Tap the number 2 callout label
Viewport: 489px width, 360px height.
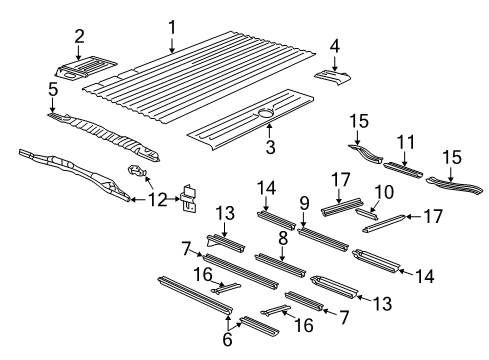pyautogui.click(x=79, y=37)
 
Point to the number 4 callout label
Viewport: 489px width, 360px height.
pyautogui.click(x=336, y=45)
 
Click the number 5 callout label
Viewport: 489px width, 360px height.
pyautogui.click(x=51, y=91)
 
